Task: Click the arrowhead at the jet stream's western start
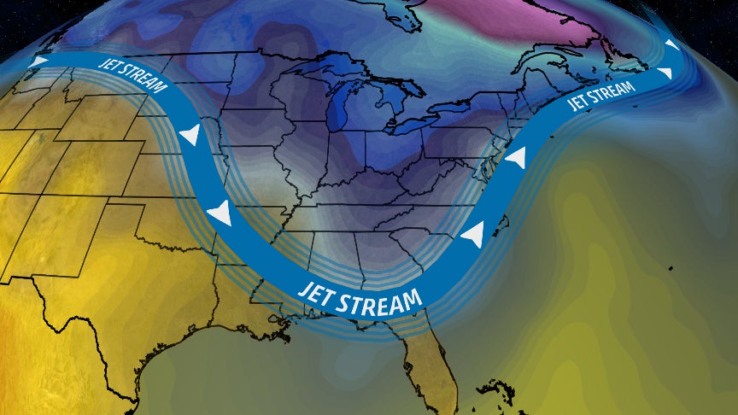click(39, 61)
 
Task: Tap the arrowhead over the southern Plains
click(220, 213)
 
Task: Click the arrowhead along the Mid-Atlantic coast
click(516, 159)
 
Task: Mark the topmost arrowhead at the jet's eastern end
click(672, 44)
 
